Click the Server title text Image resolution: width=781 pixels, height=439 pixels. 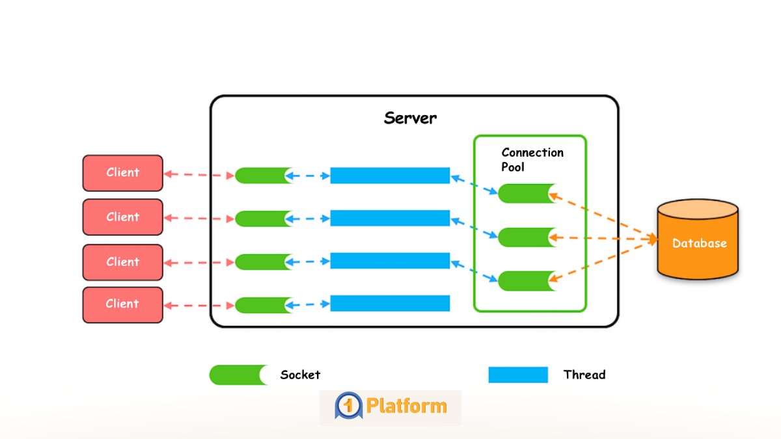point(410,118)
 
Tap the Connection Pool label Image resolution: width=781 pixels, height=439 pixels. point(532,159)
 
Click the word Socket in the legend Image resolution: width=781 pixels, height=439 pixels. point(300,375)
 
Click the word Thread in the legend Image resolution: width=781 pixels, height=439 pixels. point(584,375)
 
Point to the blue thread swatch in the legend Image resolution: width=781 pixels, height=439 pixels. point(518,375)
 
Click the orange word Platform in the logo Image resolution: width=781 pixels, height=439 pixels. point(406,406)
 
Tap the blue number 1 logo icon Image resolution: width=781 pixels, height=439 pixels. point(348,406)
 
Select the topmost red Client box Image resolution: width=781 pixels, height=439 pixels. point(122,173)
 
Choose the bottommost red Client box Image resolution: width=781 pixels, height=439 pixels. point(122,304)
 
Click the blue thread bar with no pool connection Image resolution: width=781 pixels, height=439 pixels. point(390,303)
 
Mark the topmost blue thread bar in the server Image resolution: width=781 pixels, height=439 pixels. point(390,176)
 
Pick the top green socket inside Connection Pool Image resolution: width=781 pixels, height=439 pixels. point(526,193)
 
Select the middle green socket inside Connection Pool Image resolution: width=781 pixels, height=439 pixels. point(526,237)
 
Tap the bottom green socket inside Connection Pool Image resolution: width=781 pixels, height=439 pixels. point(526,280)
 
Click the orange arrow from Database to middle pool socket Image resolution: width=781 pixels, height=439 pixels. point(602,239)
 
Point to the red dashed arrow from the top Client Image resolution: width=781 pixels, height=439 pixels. point(199,175)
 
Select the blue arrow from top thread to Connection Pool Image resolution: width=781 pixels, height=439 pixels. point(474,184)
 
